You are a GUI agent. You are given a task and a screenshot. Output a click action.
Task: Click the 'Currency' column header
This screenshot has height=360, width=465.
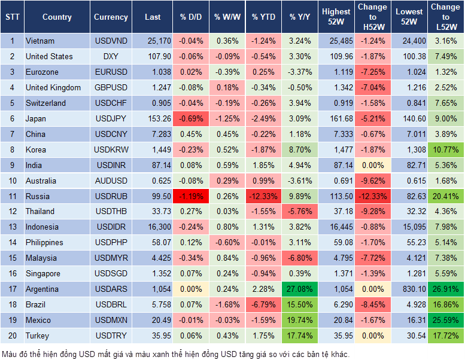(111, 17)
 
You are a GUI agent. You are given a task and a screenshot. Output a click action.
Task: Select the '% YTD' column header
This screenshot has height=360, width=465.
(263, 17)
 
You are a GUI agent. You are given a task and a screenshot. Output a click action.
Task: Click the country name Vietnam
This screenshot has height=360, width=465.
(40, 41)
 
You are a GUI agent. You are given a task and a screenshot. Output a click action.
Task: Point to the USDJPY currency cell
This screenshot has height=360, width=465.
(111, 118)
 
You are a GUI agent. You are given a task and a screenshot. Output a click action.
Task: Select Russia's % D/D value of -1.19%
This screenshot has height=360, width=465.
(191, 196)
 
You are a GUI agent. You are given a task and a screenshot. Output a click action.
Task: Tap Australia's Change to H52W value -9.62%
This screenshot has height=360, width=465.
(372, 181)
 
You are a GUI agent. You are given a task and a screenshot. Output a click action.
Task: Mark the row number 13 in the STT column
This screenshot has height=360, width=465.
(12, 227)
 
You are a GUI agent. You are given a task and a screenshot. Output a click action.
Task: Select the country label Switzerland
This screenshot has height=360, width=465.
(45, 103)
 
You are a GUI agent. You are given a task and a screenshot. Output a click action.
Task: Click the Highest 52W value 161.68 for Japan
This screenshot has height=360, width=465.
(336, 118)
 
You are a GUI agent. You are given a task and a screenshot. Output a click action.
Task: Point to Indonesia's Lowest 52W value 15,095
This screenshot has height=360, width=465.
(409, 227)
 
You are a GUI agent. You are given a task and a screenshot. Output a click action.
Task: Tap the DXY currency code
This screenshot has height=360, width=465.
(111, 57)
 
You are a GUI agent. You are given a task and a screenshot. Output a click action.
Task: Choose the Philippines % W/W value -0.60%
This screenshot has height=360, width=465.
(227, 243)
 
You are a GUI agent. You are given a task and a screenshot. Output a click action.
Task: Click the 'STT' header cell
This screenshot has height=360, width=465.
(12, 17)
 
